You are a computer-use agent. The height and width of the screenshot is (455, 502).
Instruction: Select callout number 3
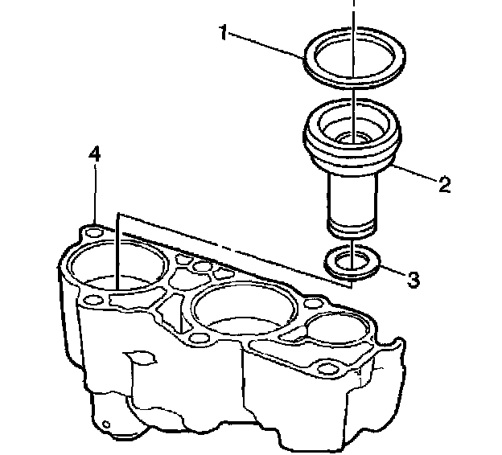[x=412, y=279]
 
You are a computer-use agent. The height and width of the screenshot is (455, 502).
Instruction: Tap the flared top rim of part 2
[x=315, y=128]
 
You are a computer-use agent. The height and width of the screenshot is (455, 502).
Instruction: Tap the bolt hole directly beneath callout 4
[x=95, y=232]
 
